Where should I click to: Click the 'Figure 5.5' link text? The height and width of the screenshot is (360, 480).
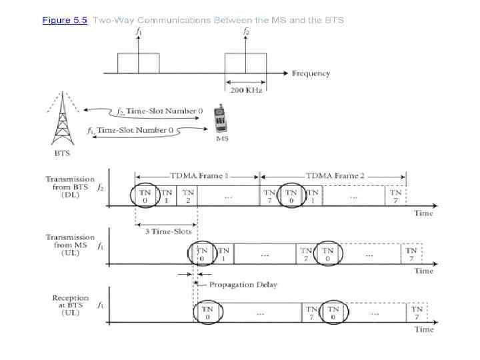[x=65, y=21]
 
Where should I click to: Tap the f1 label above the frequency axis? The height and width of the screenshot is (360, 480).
[x=139, y=31]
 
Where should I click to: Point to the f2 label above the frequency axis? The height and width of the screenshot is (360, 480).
[x=246, y=31]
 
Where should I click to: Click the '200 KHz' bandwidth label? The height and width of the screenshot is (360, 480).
[x=246, y=90]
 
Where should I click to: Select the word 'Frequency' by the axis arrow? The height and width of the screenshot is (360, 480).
[x=311, y=73]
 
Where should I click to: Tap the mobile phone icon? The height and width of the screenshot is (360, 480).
[x=221, y=119]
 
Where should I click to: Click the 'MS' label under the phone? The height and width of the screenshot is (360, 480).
[x=222, y=139]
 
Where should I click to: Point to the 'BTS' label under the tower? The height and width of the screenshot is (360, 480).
[x=62, y=153]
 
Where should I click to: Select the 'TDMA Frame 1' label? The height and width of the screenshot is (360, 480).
[x=199, y=176]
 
